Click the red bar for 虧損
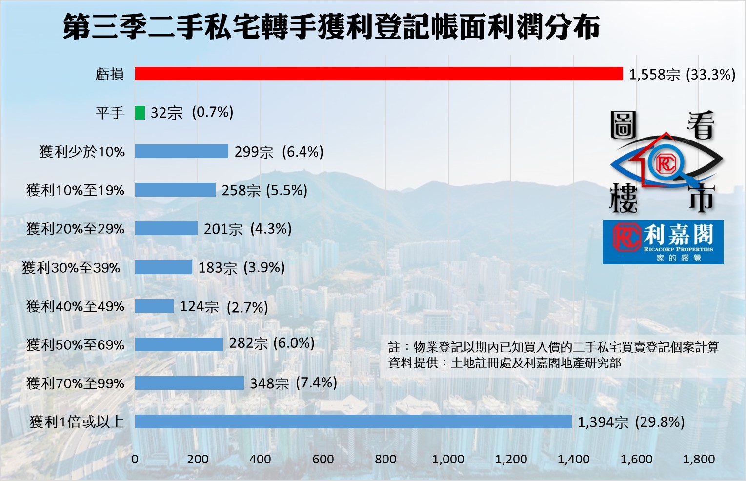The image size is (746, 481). point(379,74)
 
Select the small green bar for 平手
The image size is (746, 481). point(140,113)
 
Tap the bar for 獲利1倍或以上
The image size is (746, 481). point(353,421)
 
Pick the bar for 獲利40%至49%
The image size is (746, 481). point(154,306)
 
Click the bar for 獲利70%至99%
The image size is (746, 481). point(189,383)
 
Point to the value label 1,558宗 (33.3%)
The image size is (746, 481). point(682,75)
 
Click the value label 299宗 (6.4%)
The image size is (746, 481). point(279,152)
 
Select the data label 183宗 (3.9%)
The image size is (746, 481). point(241,267)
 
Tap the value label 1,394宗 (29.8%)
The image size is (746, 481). point(631,422)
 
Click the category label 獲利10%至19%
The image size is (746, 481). point(76,190)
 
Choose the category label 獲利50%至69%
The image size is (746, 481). point(76,345)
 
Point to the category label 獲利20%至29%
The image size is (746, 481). point(76,229)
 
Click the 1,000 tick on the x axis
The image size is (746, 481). point(448,459)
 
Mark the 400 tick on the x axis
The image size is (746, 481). point(260,459)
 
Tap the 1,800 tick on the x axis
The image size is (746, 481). point(699,459)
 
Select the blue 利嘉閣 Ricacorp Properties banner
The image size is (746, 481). point(663,242)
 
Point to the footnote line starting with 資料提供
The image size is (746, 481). point(504,363)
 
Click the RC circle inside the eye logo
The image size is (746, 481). point(665,163)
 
